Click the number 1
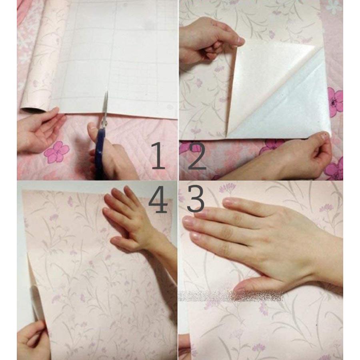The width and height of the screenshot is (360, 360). [x=158, y=156]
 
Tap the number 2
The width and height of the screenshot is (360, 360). [x=196, y=156]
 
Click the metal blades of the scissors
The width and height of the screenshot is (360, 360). [x=105, y=108]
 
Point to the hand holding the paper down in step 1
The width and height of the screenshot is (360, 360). [x=38, y=130]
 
